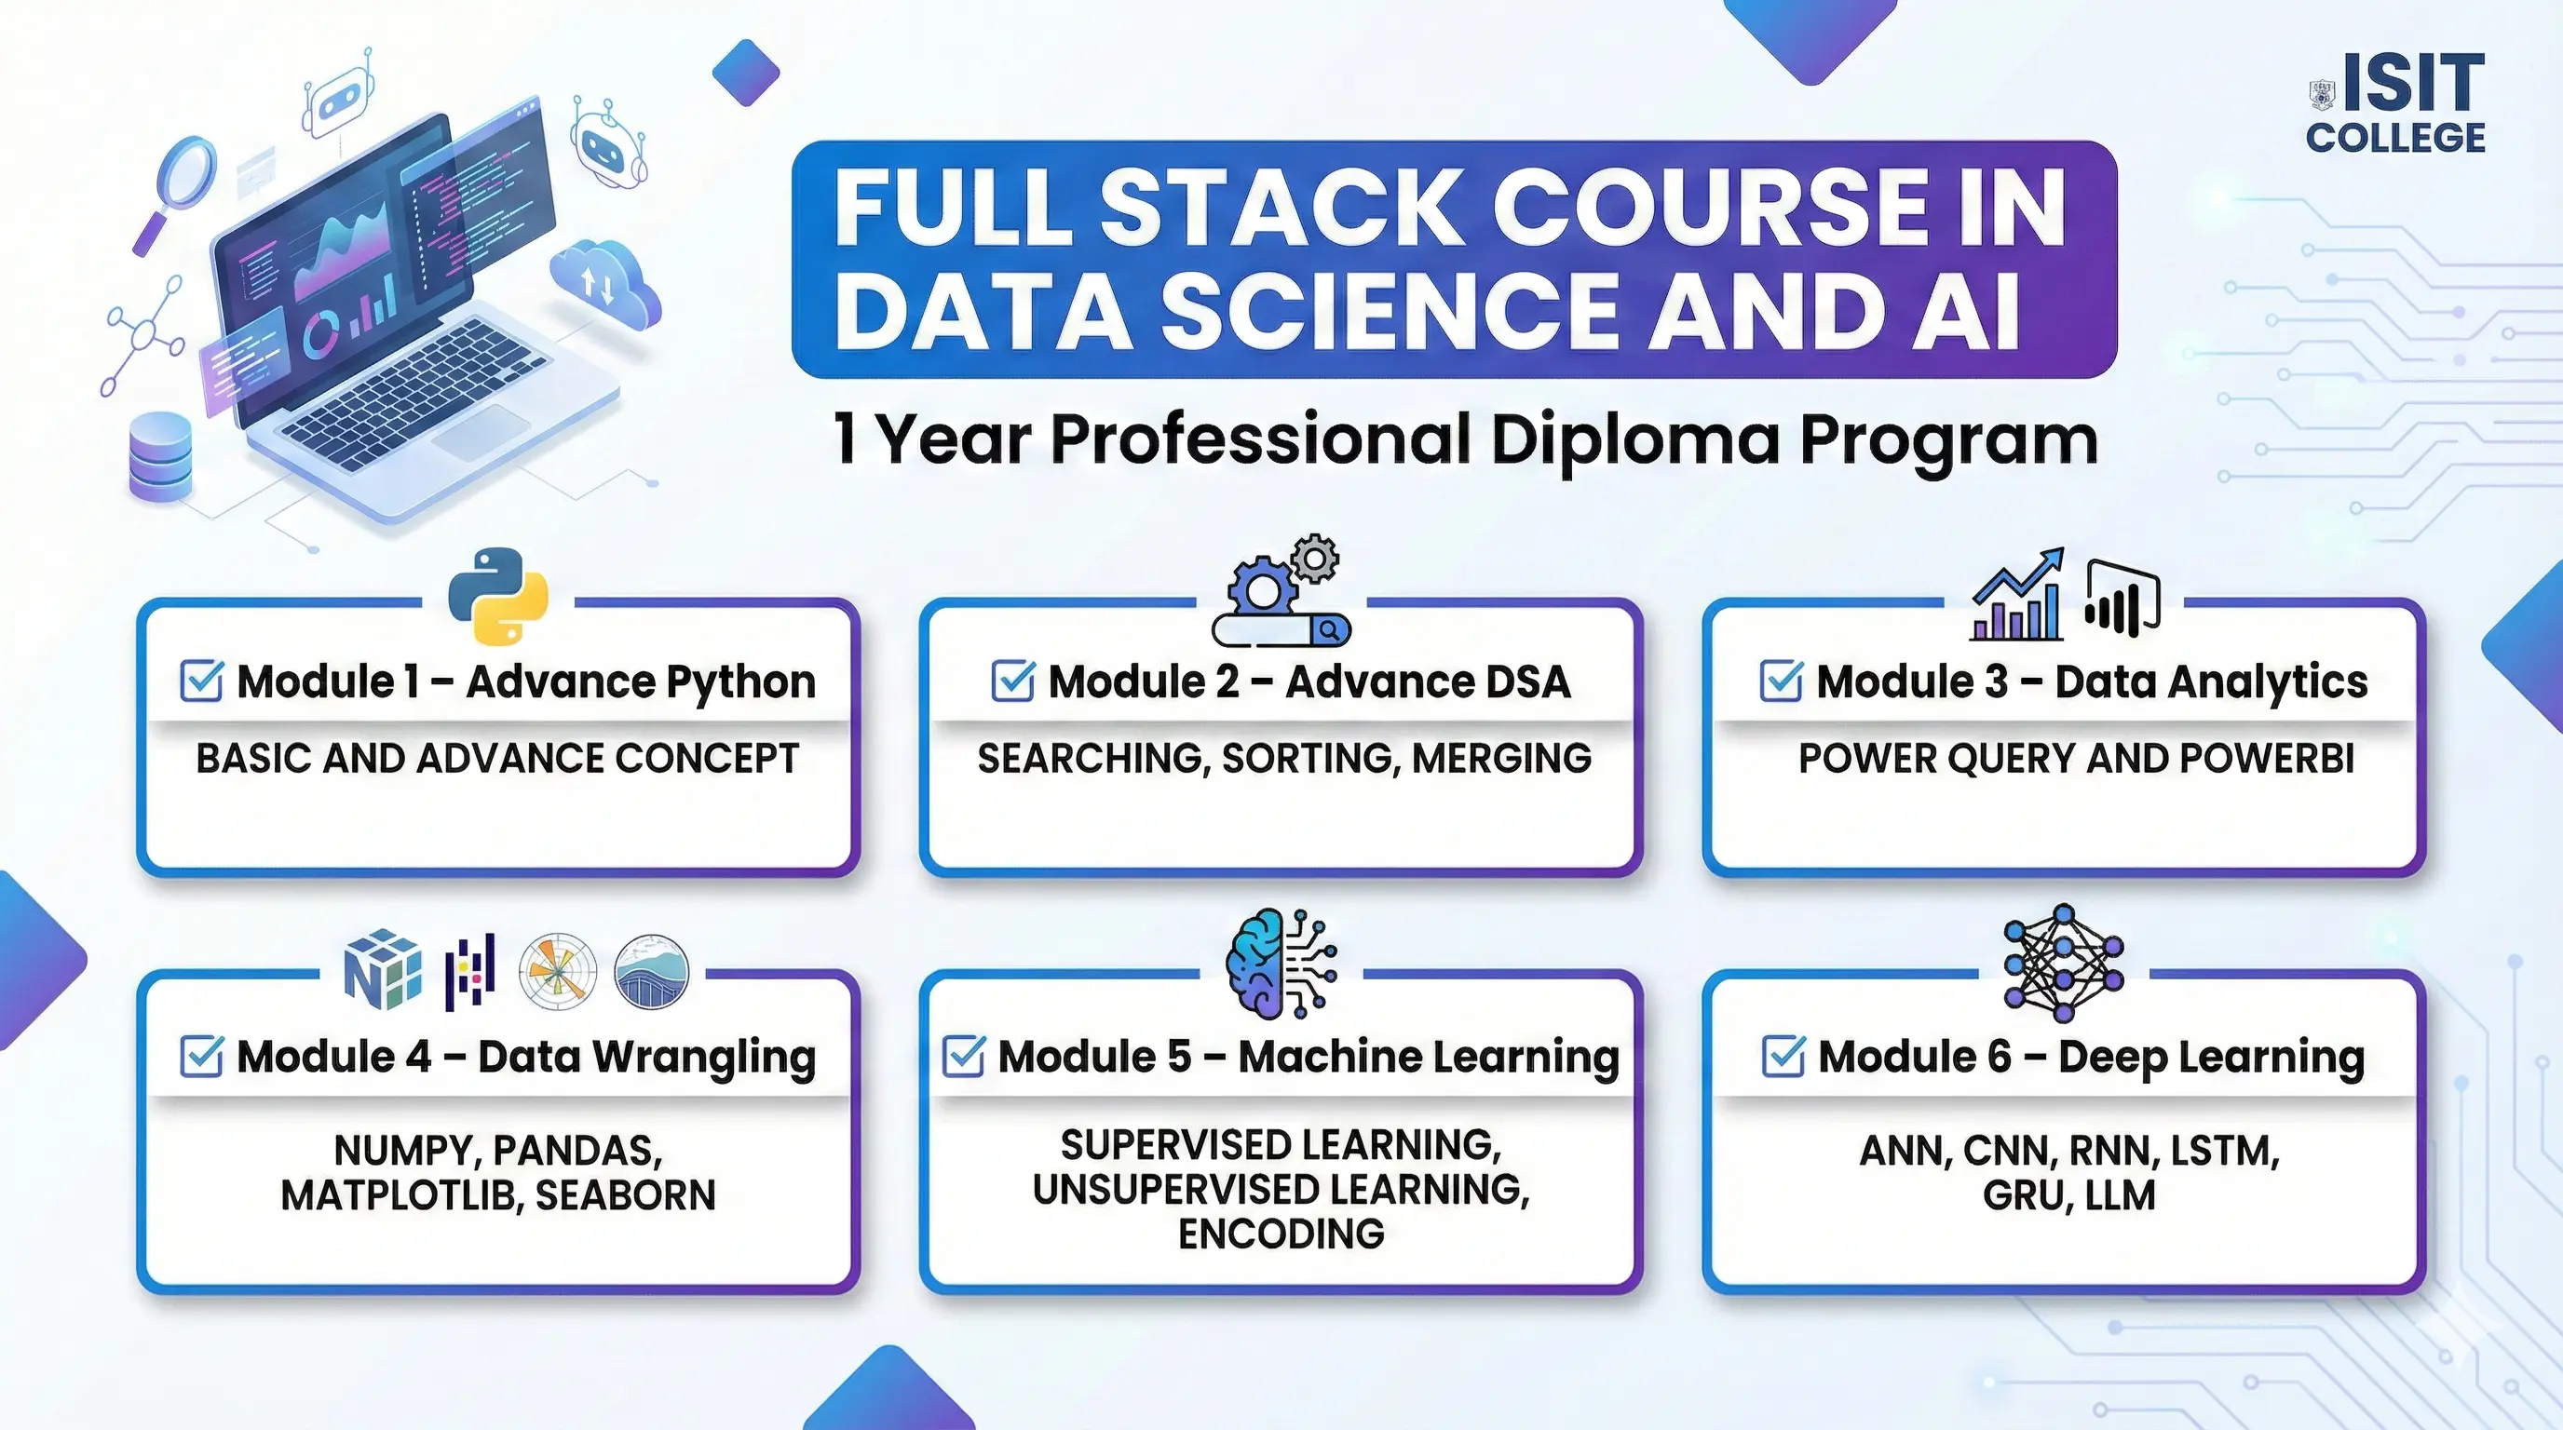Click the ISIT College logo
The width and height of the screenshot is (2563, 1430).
(2396, 103)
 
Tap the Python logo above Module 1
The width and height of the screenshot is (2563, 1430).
(498, 596)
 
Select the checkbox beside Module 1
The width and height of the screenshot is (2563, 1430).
(201, 682)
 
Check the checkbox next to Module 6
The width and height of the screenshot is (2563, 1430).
(1783, 1056)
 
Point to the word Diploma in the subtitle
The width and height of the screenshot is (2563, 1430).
(1634, 438)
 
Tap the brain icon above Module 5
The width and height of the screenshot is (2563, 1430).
(1281, 964)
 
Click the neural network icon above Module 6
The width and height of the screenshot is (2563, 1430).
(2064, 963)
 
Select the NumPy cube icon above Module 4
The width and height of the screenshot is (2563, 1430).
(382, 969)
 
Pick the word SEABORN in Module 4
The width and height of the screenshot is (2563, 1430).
(626, 1195)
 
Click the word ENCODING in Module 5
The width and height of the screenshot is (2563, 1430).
(1281, 1234)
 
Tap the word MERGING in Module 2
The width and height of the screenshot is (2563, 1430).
(1501, 759)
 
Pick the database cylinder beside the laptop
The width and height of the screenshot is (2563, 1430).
(160, 456)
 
